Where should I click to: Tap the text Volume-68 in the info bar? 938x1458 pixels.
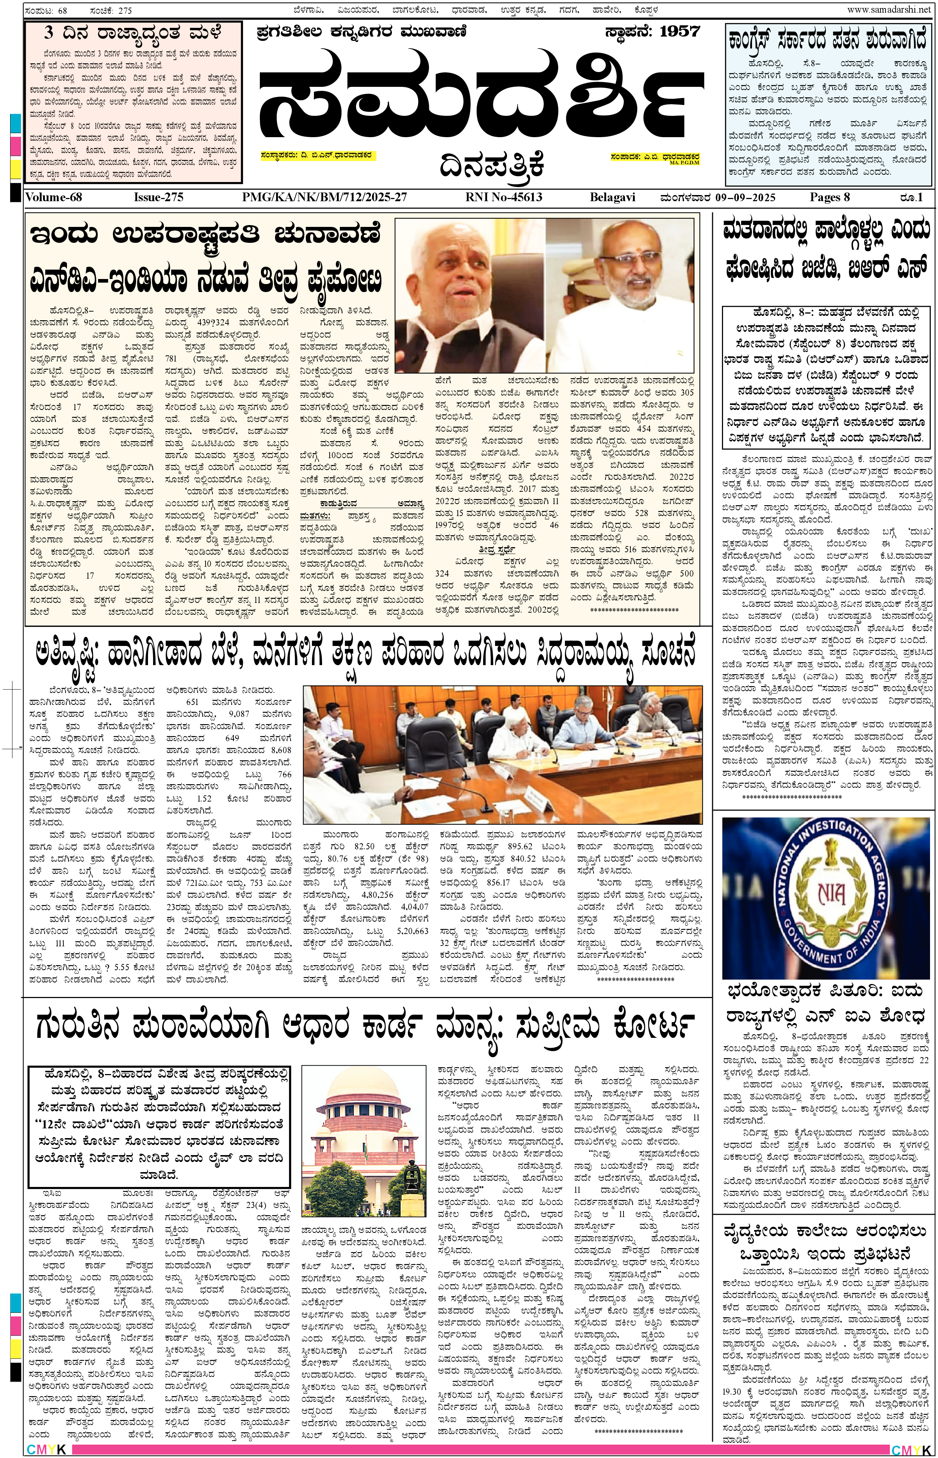click(x=54, y=197)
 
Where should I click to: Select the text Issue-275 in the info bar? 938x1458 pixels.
click(x=159, y=197)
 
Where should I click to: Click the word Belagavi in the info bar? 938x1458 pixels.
click(x=612, y=197)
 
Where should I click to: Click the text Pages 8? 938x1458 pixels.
click(x=829, y=197)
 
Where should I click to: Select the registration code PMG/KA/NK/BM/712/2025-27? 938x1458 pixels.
click(x=324, y=197)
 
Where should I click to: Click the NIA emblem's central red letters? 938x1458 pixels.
click(x=831, y=894)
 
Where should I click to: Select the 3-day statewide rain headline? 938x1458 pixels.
click(x=133, y=33)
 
